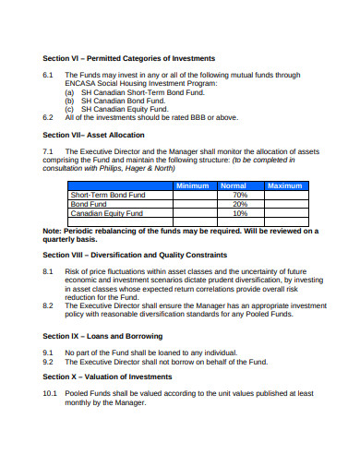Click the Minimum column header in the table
(193, 185)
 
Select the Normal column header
(239, 185)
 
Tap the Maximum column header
(284, 185)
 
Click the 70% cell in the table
(240, 195)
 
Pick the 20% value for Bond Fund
(240, 204)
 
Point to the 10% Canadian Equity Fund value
(240, 213)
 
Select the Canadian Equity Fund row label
(107, 213)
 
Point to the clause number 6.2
(49, 117)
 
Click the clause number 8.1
(49, 272)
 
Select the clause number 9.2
(49, 362)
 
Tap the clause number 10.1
(51, 393)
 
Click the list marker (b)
(69, 100)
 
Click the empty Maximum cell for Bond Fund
(284, 204)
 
